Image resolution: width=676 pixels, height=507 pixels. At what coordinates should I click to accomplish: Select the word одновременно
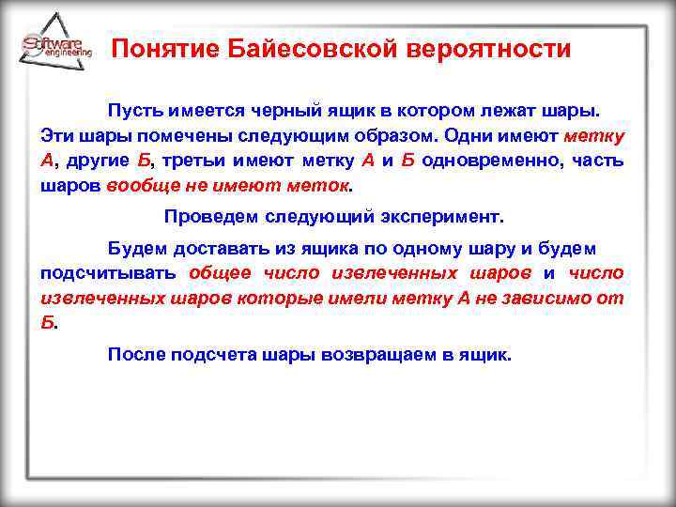tap(487, 161)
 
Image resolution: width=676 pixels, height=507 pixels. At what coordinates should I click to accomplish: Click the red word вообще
tap(141, 186)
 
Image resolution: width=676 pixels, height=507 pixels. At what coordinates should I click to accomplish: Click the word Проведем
tap(204, 217)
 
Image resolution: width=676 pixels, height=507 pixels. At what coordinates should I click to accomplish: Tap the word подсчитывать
tap(107, 273)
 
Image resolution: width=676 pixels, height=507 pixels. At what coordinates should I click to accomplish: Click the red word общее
tap(220, 273)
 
